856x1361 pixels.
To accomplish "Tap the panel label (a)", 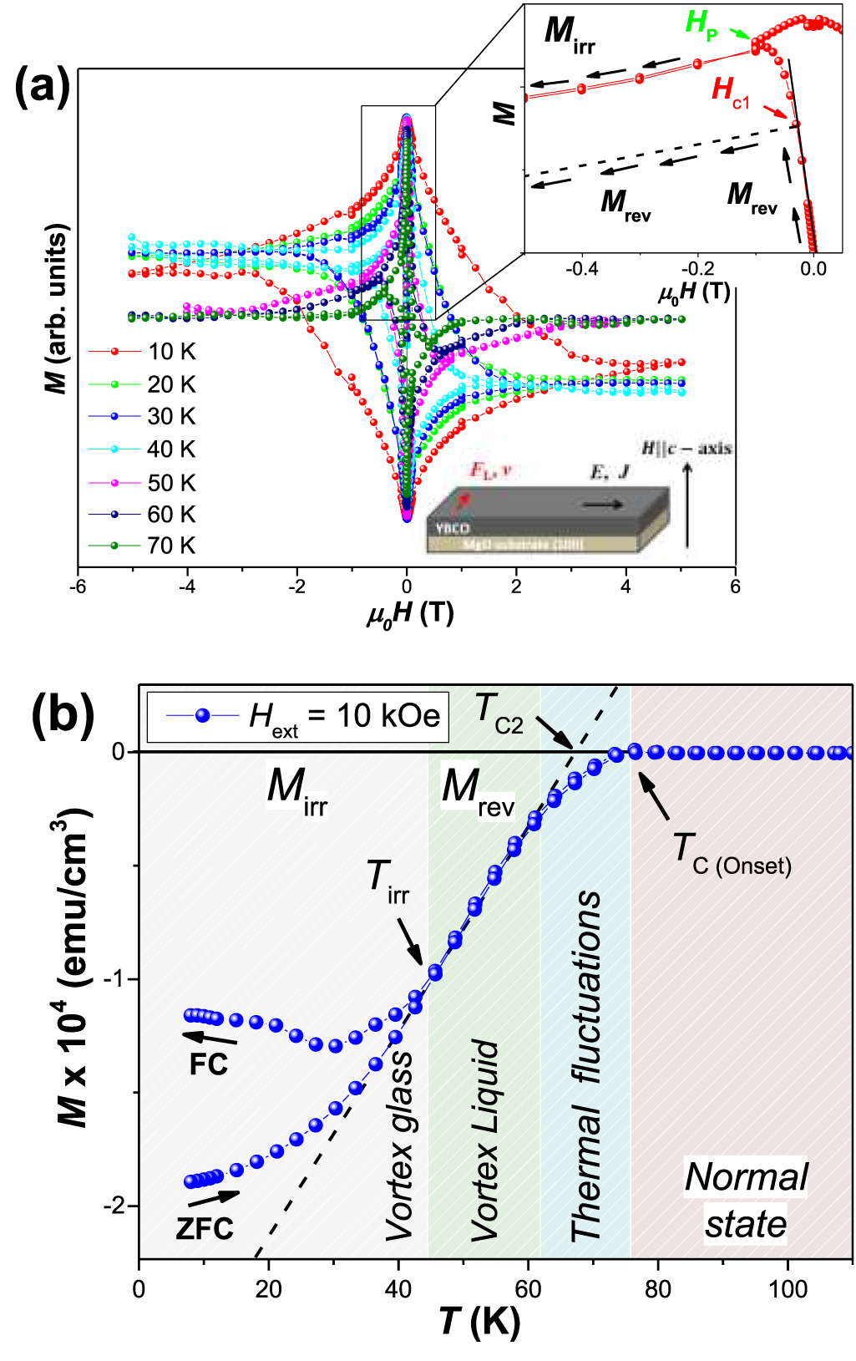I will (x=42, y=85).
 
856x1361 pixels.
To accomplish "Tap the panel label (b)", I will (x=62, y=715).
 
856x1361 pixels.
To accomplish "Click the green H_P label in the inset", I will (x=702, y=23).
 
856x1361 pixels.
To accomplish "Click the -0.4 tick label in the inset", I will (x=581, y=269).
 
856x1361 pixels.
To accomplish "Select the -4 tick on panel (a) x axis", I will (x=187, y=587).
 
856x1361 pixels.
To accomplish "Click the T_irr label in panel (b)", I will (x=387, y=882).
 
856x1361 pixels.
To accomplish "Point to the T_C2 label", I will (x=499, y=713).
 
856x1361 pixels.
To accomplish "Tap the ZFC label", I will (x=205, y=1228).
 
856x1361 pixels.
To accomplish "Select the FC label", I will (x=208, y=1064).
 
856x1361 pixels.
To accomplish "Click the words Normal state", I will (x=746, y=1200).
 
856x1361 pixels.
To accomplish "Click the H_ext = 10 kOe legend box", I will (x=297, y=716).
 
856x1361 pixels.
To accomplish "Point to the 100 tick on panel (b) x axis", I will (x=788, y=1289).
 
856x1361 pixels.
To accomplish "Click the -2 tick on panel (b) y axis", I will (x=114, y=1206).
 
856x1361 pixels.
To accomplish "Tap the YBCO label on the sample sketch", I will (x=452, y=529).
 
